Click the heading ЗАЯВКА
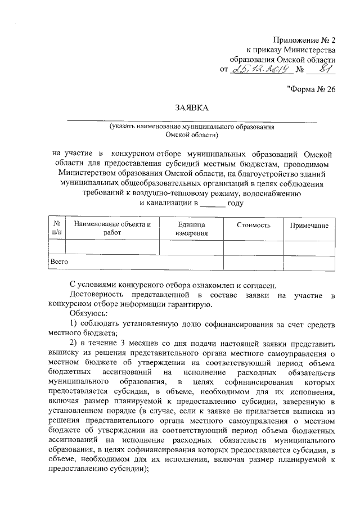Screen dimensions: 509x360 tap(191, 107)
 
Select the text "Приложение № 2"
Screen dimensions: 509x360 tap(304, 39)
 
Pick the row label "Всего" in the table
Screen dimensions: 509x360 tap(59, 262)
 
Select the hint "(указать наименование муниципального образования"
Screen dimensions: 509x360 tap(192, 127)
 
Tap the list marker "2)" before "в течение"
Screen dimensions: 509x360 tap(73, 343)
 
